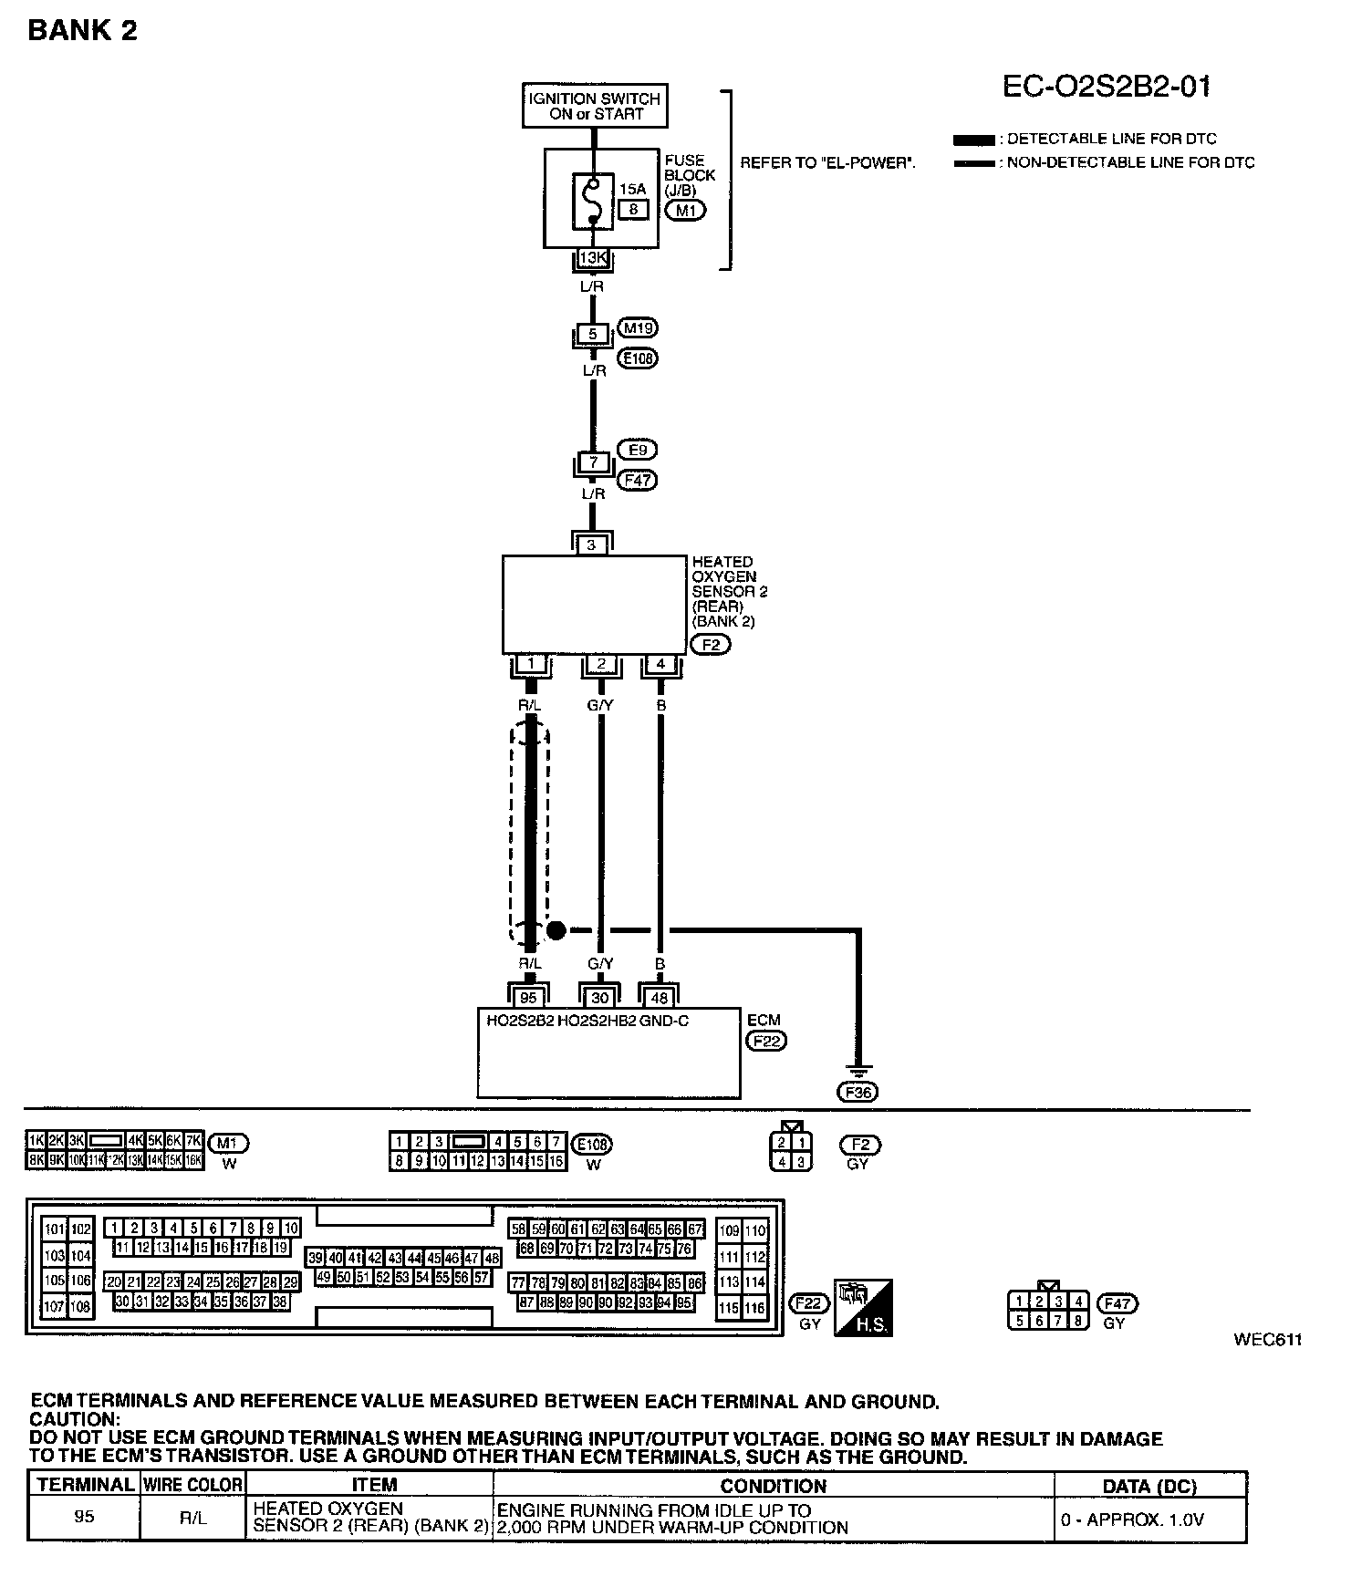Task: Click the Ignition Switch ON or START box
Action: [595, 106]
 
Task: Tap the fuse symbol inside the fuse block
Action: [594, 198]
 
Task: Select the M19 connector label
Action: [638, 327]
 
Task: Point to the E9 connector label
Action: [637, 450]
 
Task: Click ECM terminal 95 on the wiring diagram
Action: [529, 998]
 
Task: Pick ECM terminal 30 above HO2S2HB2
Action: [600, 998]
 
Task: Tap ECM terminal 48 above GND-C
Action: [660, 998]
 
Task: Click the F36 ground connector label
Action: [857, 1092]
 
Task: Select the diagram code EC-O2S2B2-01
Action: [1107, 87]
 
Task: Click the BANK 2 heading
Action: [82, 31]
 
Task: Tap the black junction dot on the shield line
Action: [556, 930]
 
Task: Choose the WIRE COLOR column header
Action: [192, 1485]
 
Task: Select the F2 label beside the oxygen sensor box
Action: [712, 645]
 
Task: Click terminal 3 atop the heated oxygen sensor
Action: [592, 545]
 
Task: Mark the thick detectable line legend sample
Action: [973, 140]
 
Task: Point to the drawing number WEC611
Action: [1268, 1340]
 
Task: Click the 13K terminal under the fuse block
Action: [593, 258]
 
